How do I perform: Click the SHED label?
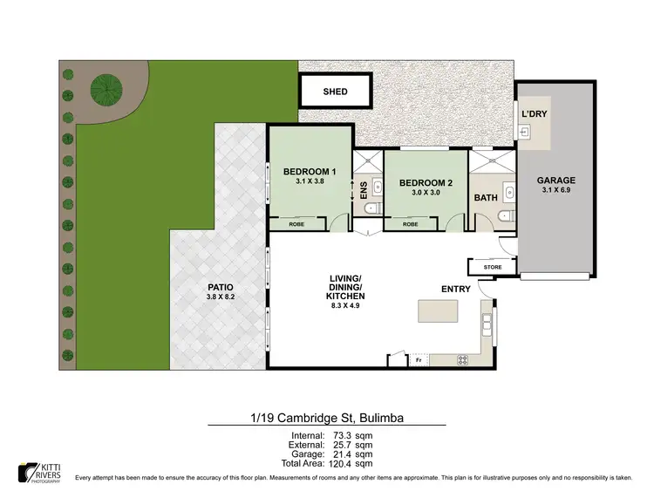point(335,92)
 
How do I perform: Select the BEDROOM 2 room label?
point(426,183)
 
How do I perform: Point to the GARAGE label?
point(555,181)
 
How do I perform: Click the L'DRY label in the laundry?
point(534,114)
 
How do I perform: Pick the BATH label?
point(485,198)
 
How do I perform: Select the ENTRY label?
point(456,290)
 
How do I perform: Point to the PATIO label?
point(220,286)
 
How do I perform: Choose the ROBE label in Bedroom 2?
point(410,224)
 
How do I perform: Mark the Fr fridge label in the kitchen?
point(419,359)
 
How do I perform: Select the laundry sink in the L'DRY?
point(525,133)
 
